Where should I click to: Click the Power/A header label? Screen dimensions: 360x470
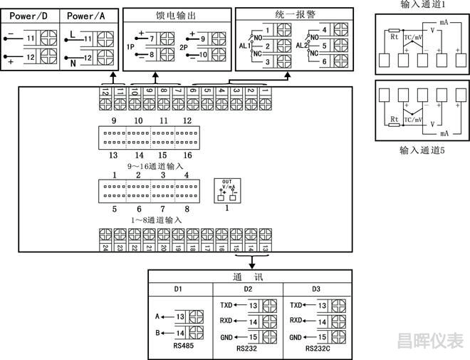[x=88, y=16]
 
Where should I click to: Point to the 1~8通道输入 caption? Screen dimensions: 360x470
[x=155, y=220]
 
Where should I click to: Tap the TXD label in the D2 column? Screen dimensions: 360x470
[x=227, y=304]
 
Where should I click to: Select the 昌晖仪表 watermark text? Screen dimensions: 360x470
[x=429, y=341]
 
